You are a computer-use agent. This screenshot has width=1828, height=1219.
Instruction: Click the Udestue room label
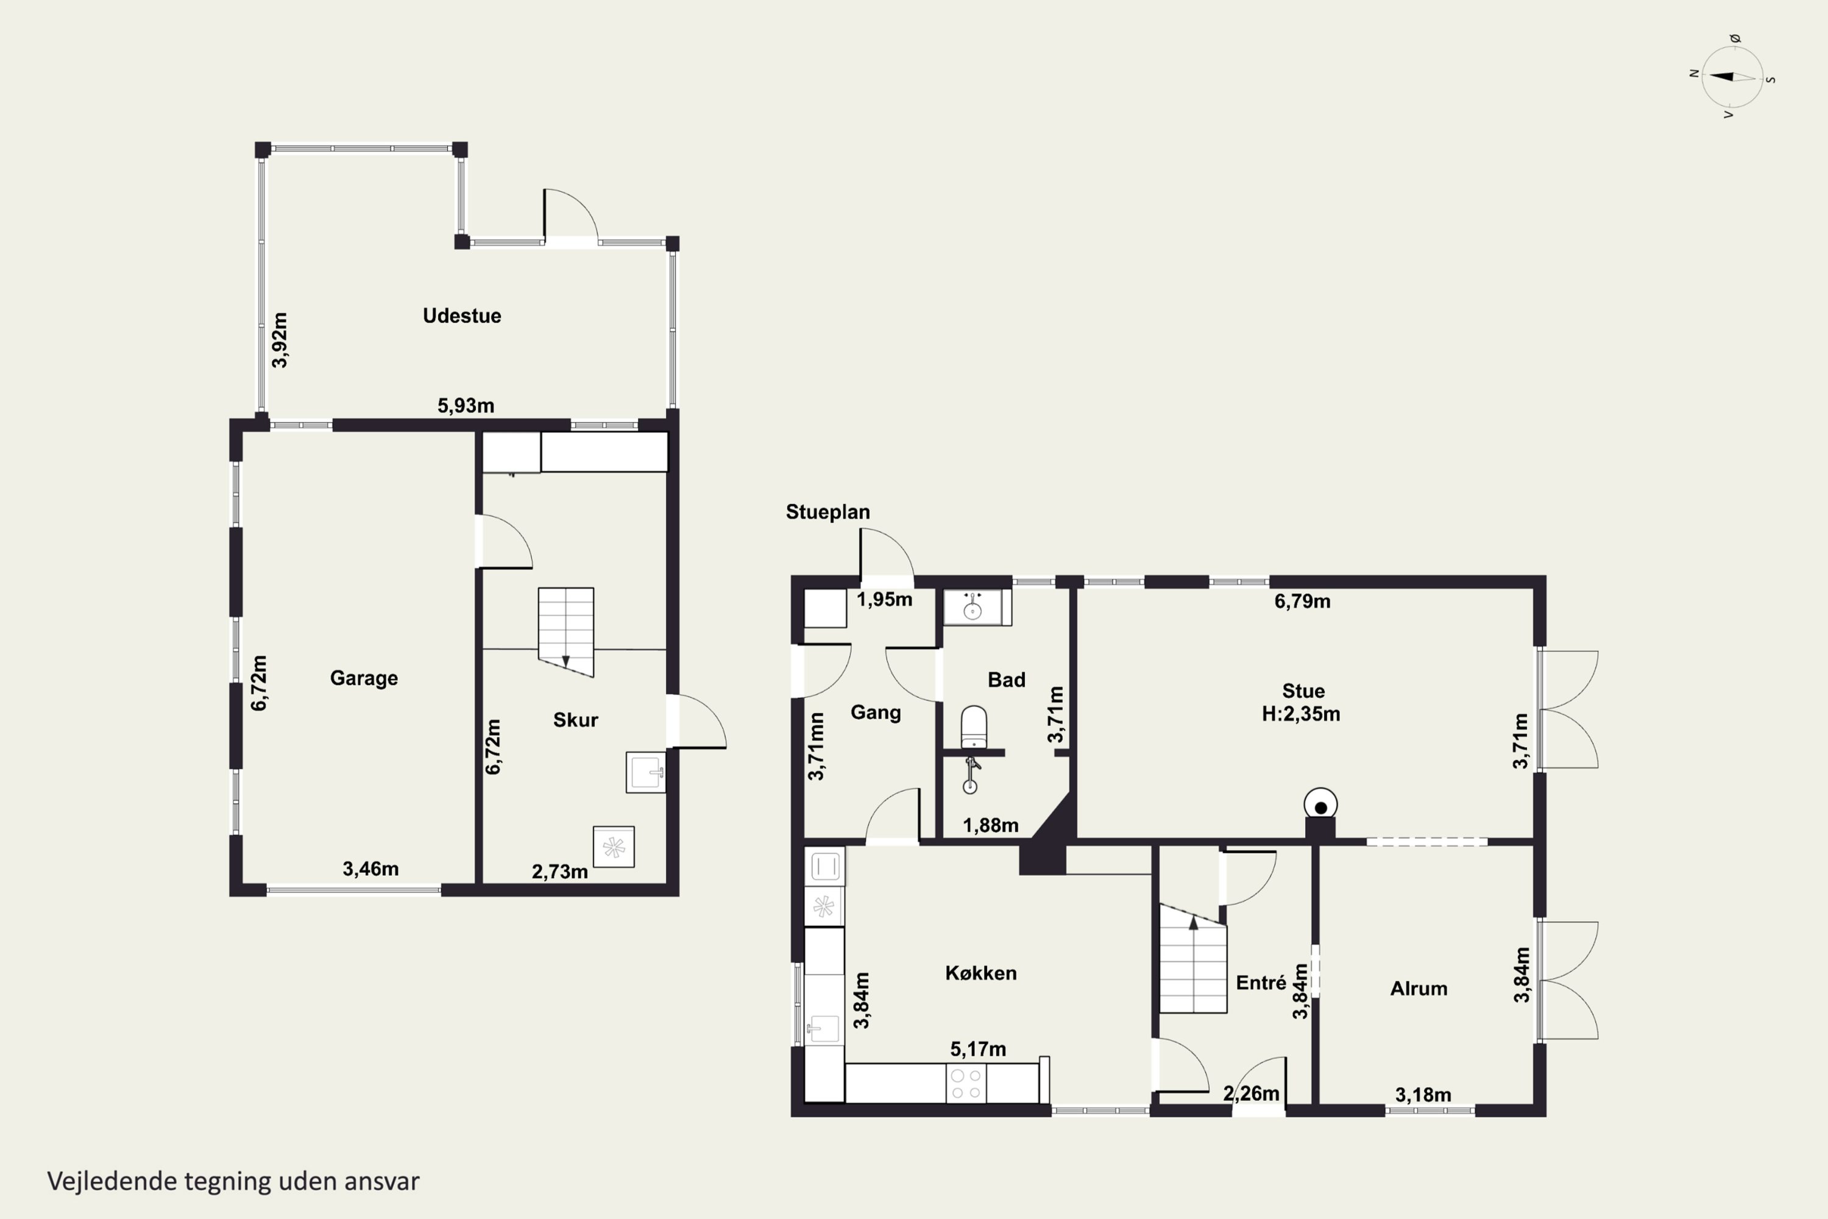(462, 316)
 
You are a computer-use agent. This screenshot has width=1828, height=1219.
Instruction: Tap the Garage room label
(364, 678)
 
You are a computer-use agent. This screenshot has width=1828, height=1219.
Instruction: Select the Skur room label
(575, 720)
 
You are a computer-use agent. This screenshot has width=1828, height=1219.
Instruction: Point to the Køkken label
(981, 973)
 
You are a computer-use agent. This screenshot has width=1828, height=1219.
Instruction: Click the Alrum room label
(1419, 988)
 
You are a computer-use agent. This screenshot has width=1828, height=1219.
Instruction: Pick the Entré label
(1261, 983)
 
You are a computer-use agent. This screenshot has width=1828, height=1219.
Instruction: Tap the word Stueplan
(827, 511)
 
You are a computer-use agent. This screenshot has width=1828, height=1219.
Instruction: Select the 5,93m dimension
(466, 405)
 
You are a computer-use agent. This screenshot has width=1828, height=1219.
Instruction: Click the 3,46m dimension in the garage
(370, 869)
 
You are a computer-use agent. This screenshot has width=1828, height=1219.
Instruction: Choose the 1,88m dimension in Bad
(990, 825)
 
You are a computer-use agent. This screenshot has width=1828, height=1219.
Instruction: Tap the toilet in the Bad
(974, 727)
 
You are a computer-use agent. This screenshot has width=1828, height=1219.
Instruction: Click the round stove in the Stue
(1320, 804)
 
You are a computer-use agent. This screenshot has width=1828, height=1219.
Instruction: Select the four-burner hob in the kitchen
(966, 1084)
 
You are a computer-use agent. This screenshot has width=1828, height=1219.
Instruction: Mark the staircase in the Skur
(566, 632)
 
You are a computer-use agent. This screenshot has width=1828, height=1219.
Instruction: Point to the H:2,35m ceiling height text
(1301, 714)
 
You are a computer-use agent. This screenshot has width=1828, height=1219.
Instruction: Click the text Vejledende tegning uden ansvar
(233, 1181)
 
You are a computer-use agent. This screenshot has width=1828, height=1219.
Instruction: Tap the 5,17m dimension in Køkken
(978, 1049)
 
